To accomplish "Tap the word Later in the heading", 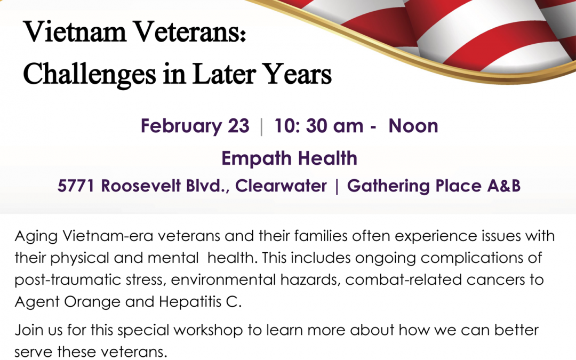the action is tap(223, 74).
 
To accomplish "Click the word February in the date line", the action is tap(181, 126).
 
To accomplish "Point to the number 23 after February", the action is tap(238, 126).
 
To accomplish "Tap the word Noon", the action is tap(413, 126).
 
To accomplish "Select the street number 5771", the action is tap(75, 186).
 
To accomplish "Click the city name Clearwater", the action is tap(281, 186).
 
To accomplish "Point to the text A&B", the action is tap(504, 186).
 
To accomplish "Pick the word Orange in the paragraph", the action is tap(92, 302).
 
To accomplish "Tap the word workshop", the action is tap(208, 330).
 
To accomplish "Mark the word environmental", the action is tap(223, 280).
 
